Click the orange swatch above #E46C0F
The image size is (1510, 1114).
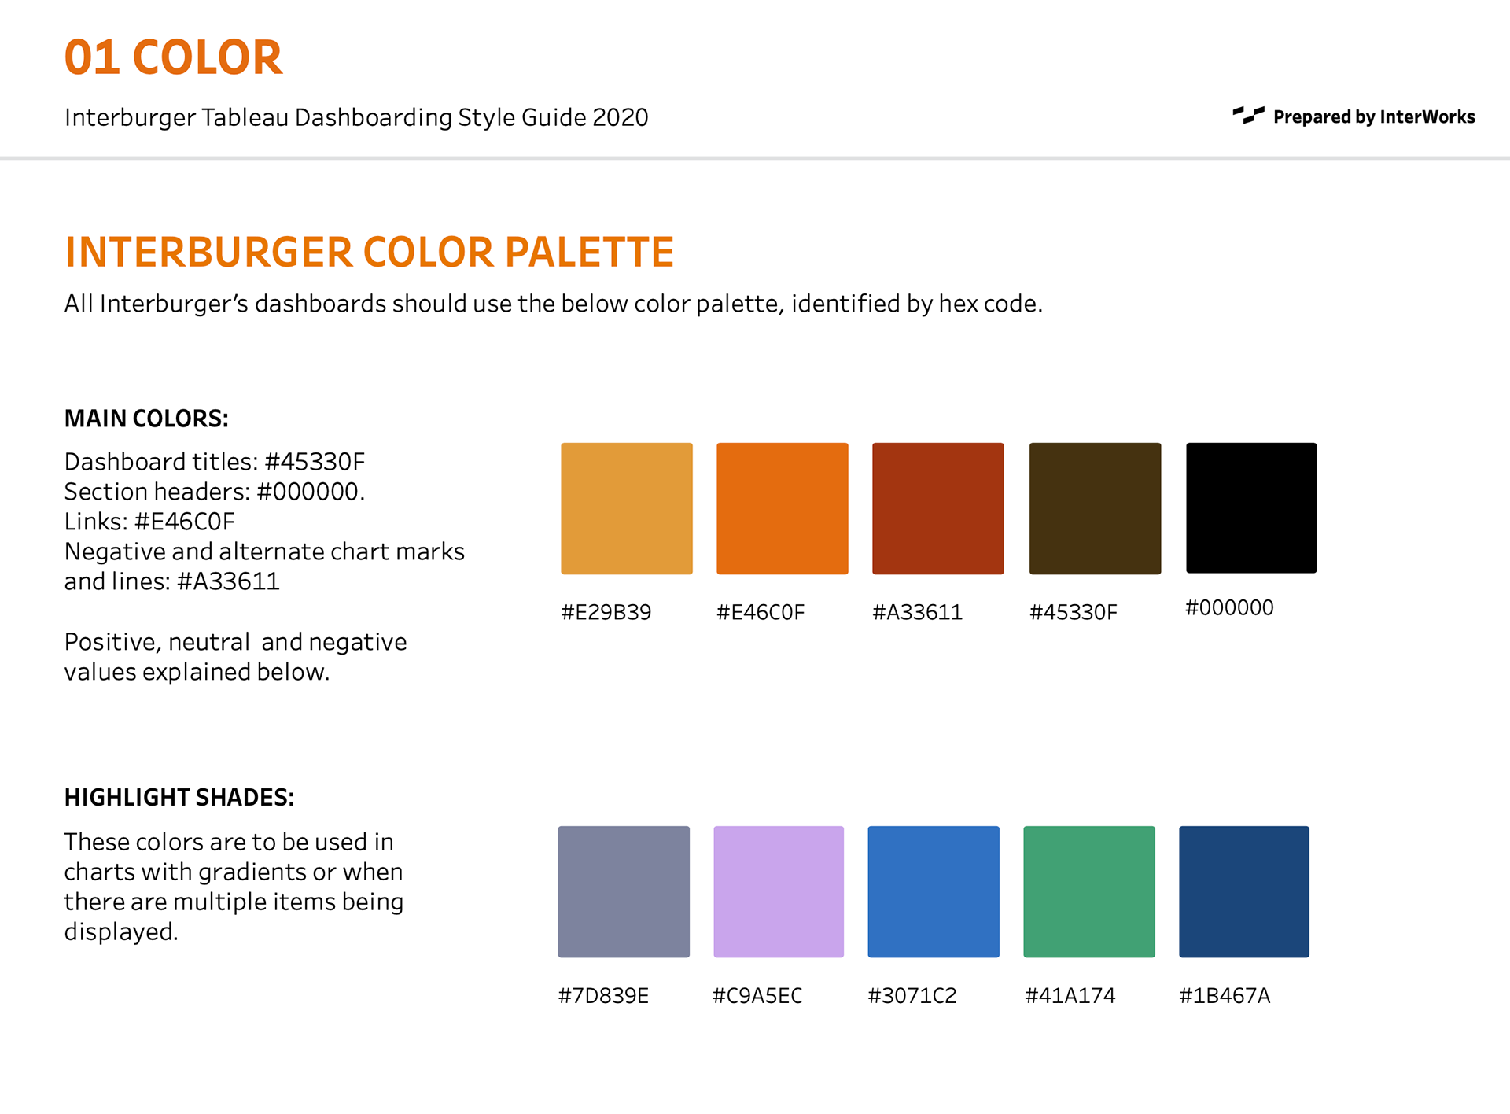click(783, 508)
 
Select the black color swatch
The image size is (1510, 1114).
click(1251, 507)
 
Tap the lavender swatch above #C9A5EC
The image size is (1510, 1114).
click(779, 891)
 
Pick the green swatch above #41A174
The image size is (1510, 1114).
click(1089, 891)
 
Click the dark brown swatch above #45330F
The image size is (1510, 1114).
click(1095, 508)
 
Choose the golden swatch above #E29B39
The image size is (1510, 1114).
click(627, 508)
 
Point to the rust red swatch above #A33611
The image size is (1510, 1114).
click(938, 508)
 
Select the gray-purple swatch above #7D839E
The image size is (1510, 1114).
click(624, 891)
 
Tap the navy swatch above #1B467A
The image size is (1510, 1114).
click(1244, 891)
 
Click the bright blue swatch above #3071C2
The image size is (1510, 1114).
click(934, 891)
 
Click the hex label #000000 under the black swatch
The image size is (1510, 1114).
click(1229, 607)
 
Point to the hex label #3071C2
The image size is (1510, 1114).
click(912, 996)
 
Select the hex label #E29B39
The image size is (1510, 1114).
click(606, 612)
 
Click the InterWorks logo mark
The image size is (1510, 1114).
click(1248, 115)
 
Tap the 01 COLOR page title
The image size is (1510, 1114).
click(173, 57)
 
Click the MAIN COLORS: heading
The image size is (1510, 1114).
click(146, 419)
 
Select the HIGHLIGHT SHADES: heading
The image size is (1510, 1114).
click(179, 798)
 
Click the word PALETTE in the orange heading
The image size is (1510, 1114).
click(589, 253)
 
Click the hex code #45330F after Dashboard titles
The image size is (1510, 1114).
click(315, 462)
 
